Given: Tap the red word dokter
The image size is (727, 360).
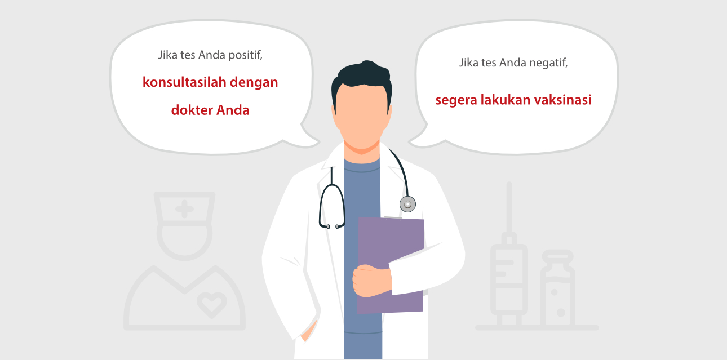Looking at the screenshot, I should coord(192,110).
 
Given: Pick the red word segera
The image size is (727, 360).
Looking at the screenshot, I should coord(454,101).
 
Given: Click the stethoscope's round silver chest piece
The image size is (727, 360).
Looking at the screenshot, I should coord(407,203).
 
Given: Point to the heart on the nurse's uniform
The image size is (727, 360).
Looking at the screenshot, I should coord(211,304).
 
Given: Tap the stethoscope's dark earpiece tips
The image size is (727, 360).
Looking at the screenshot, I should coord(332,226).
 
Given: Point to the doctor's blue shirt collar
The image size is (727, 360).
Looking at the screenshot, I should coord(361,163).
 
